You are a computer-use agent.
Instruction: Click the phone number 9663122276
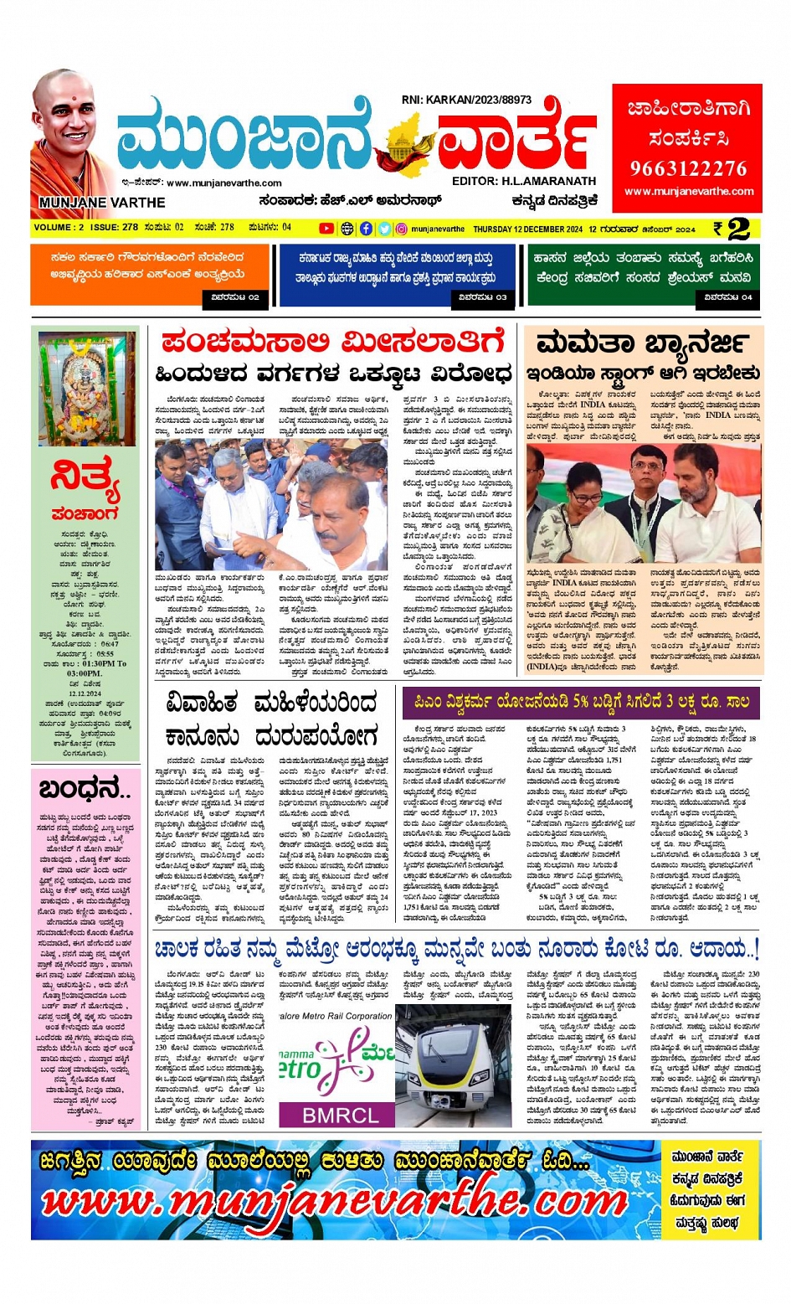(688, 168)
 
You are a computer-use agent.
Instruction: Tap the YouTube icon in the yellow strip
(326, 229)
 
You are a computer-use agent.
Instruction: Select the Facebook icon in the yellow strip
(366, 229)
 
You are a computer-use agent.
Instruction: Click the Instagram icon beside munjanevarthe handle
(402, 229)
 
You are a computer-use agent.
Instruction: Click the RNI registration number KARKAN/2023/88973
(466, 100)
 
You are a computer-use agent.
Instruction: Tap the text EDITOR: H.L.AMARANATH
(523, 181)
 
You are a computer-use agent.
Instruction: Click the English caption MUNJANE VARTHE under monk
(102, 203)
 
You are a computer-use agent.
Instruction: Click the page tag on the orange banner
(235, 296)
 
